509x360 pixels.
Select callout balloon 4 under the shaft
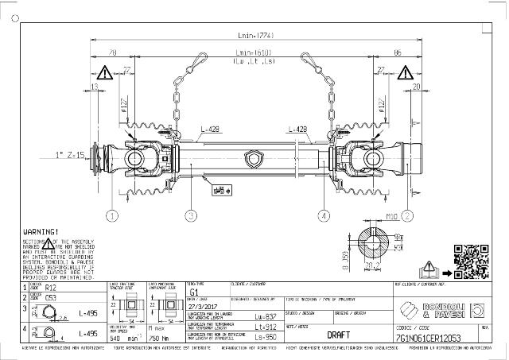[323, 215]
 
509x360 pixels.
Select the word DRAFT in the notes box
[339, 335]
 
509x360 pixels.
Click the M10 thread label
[391, 215]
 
